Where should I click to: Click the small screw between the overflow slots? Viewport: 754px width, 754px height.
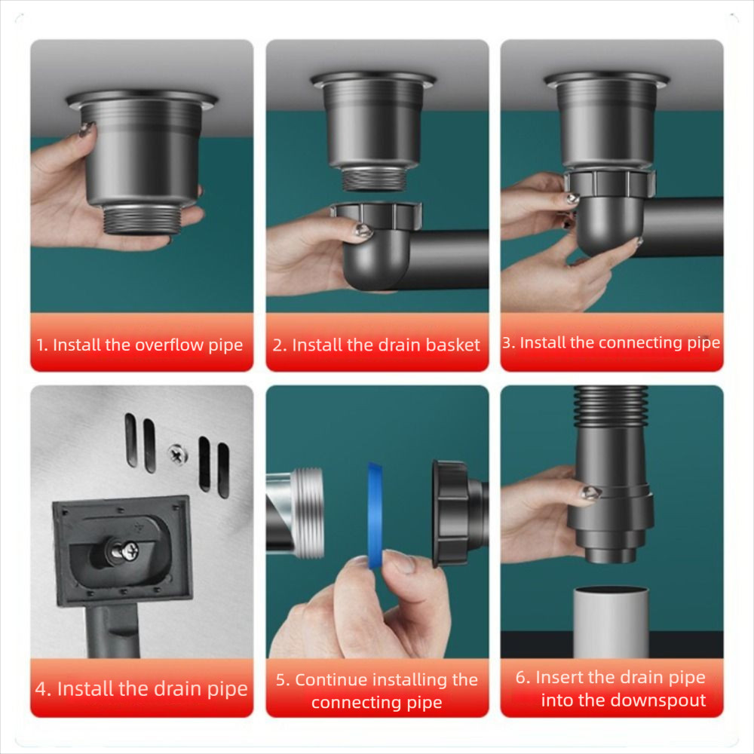(177, 454)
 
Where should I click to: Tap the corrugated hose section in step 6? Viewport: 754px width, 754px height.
(611, 407)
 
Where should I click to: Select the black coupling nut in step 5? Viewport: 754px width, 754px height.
(451, 512)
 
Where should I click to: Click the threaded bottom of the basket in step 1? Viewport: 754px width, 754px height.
(142, 219)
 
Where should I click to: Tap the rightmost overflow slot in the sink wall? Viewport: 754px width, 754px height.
(224, 470)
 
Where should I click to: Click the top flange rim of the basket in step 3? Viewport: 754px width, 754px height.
(606, 78)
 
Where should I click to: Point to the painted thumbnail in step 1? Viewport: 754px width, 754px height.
(87, 129)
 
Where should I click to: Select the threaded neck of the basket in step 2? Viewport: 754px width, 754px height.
(374, 178)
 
